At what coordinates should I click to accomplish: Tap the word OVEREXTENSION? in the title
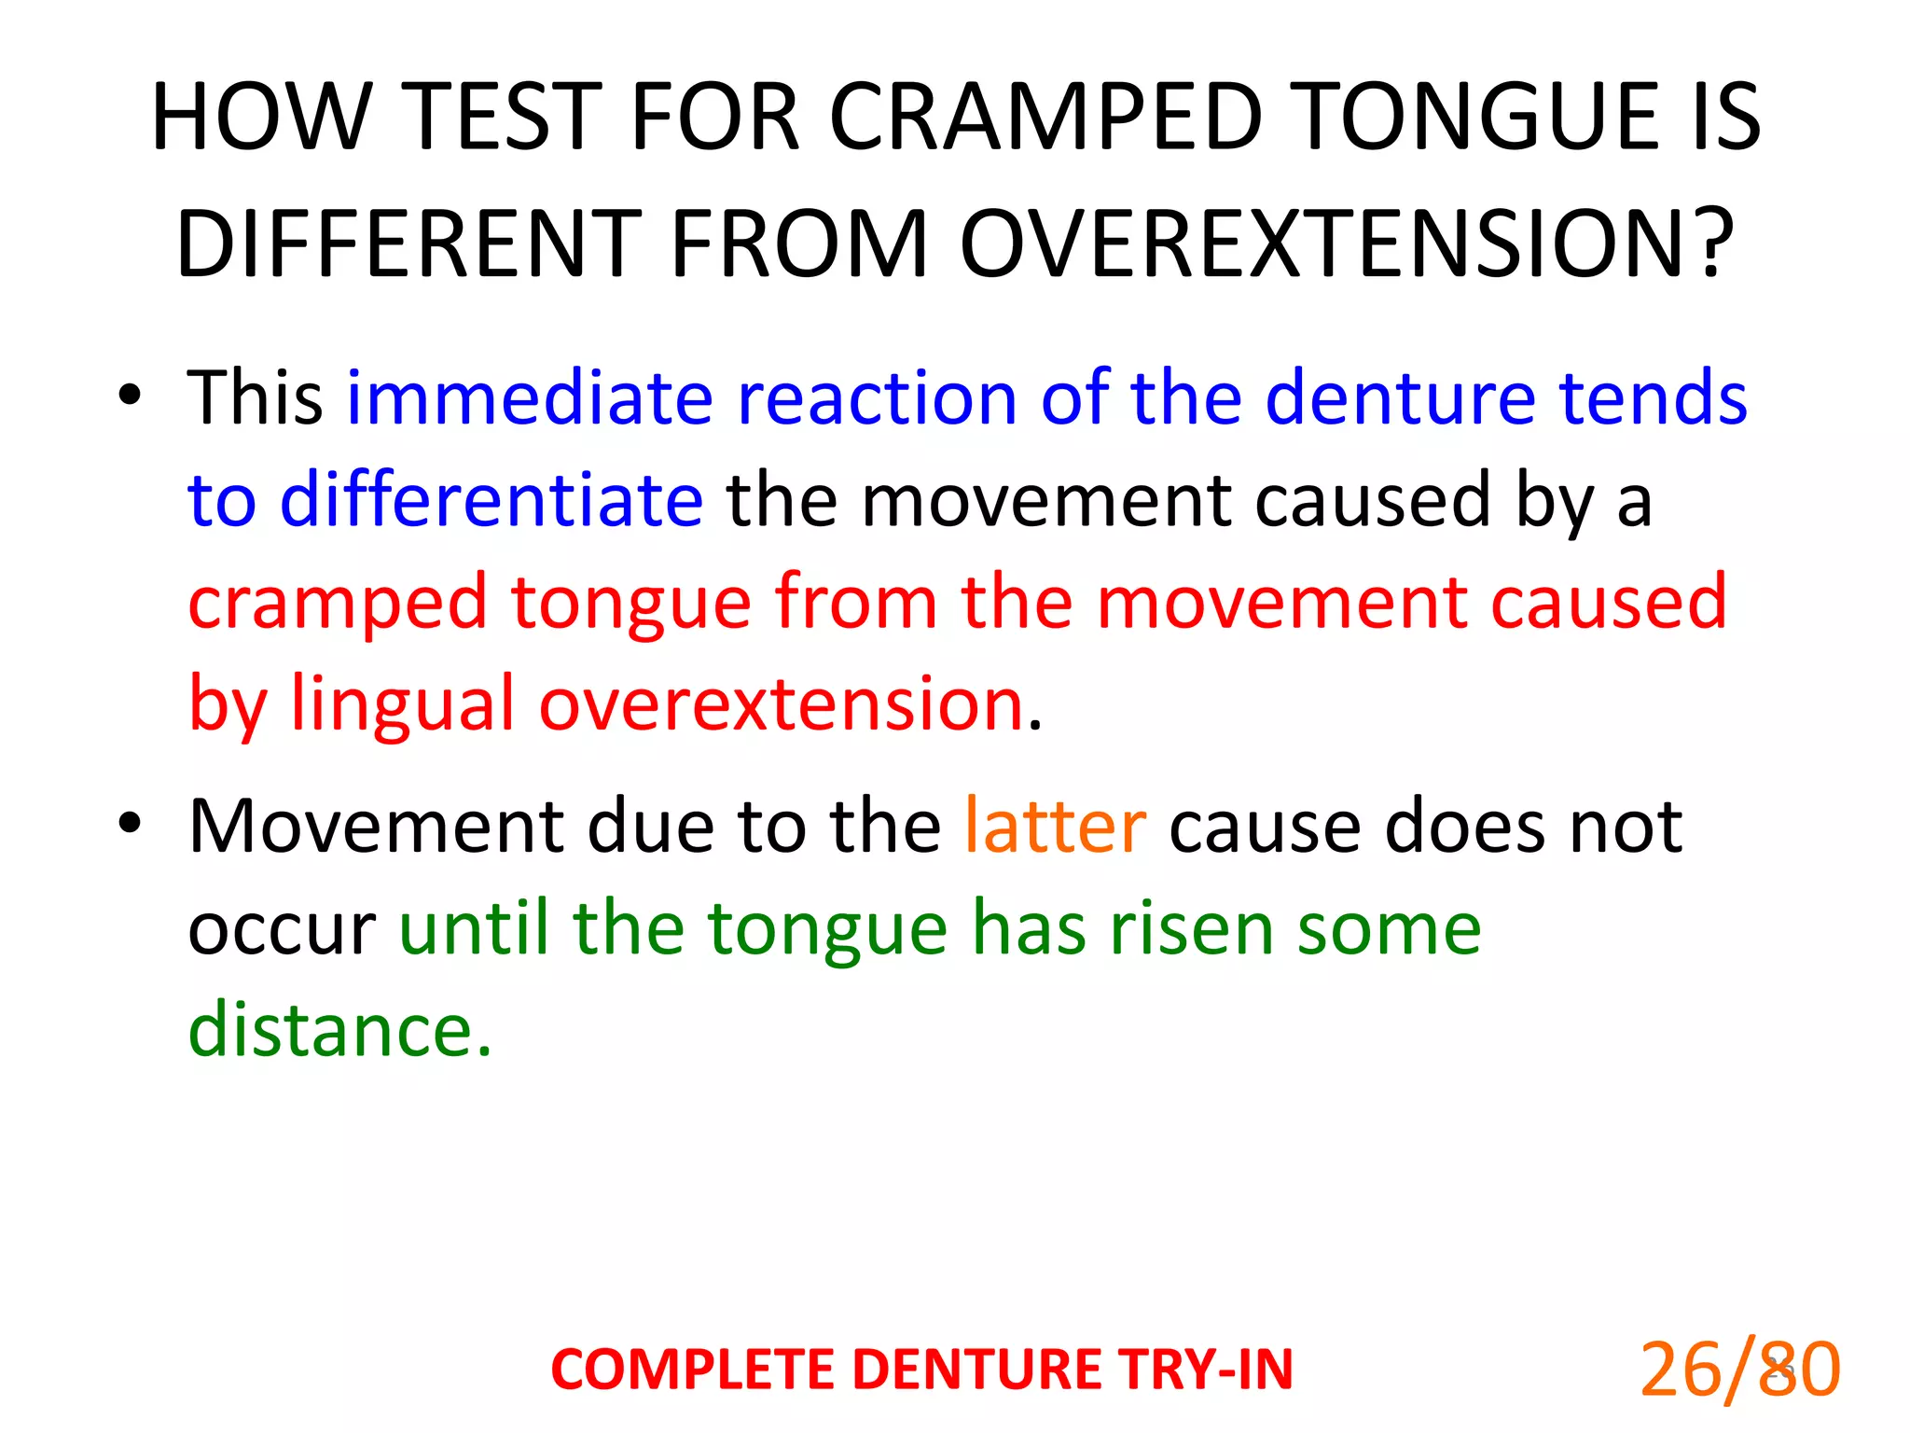pyautogui.click(x=1347, y=244)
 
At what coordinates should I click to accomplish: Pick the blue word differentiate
pyautogui.click(x=491, y=500)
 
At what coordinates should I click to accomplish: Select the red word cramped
pyautogui.click(x=337, y=603)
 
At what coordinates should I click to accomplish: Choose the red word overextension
pyautogui.click(x=782, y=704)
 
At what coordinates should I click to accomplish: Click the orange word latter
pyautogui.click(x=1054, y=827)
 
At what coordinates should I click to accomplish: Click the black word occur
pyautogui.click(x=282, y=931)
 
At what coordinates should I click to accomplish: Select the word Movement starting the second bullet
pyautogui.click(x=377, y=827)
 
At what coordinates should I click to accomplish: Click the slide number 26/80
pyautogui.click(x=1739, y=1370)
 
